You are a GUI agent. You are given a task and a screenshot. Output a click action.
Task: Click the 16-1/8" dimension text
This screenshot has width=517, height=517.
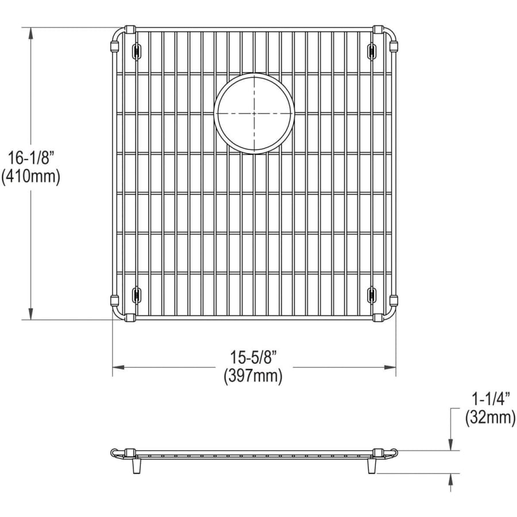(x=30, y=159)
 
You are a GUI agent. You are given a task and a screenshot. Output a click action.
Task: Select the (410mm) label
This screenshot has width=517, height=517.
(x=30, y=177)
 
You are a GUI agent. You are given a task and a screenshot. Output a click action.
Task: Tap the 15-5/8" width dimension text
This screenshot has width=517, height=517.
(x=253, y=357)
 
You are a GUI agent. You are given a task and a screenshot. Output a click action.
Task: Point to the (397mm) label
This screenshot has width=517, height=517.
(x=253, y=376)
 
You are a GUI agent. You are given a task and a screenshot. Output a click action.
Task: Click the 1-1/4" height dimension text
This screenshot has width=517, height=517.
(x=491, y=400)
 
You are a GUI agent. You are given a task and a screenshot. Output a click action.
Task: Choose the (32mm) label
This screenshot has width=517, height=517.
(x=491, y=418)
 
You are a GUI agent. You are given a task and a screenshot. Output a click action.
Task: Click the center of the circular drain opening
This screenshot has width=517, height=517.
(x=254, y=113)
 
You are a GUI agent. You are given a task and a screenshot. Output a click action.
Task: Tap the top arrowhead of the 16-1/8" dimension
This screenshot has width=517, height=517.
(x=31, y=33)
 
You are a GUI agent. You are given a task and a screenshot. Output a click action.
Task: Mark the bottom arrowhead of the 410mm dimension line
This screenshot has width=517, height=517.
(x=31, y=314)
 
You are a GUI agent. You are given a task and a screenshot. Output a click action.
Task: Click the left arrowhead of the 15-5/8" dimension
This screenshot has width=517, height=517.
(x=118, y=367)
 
